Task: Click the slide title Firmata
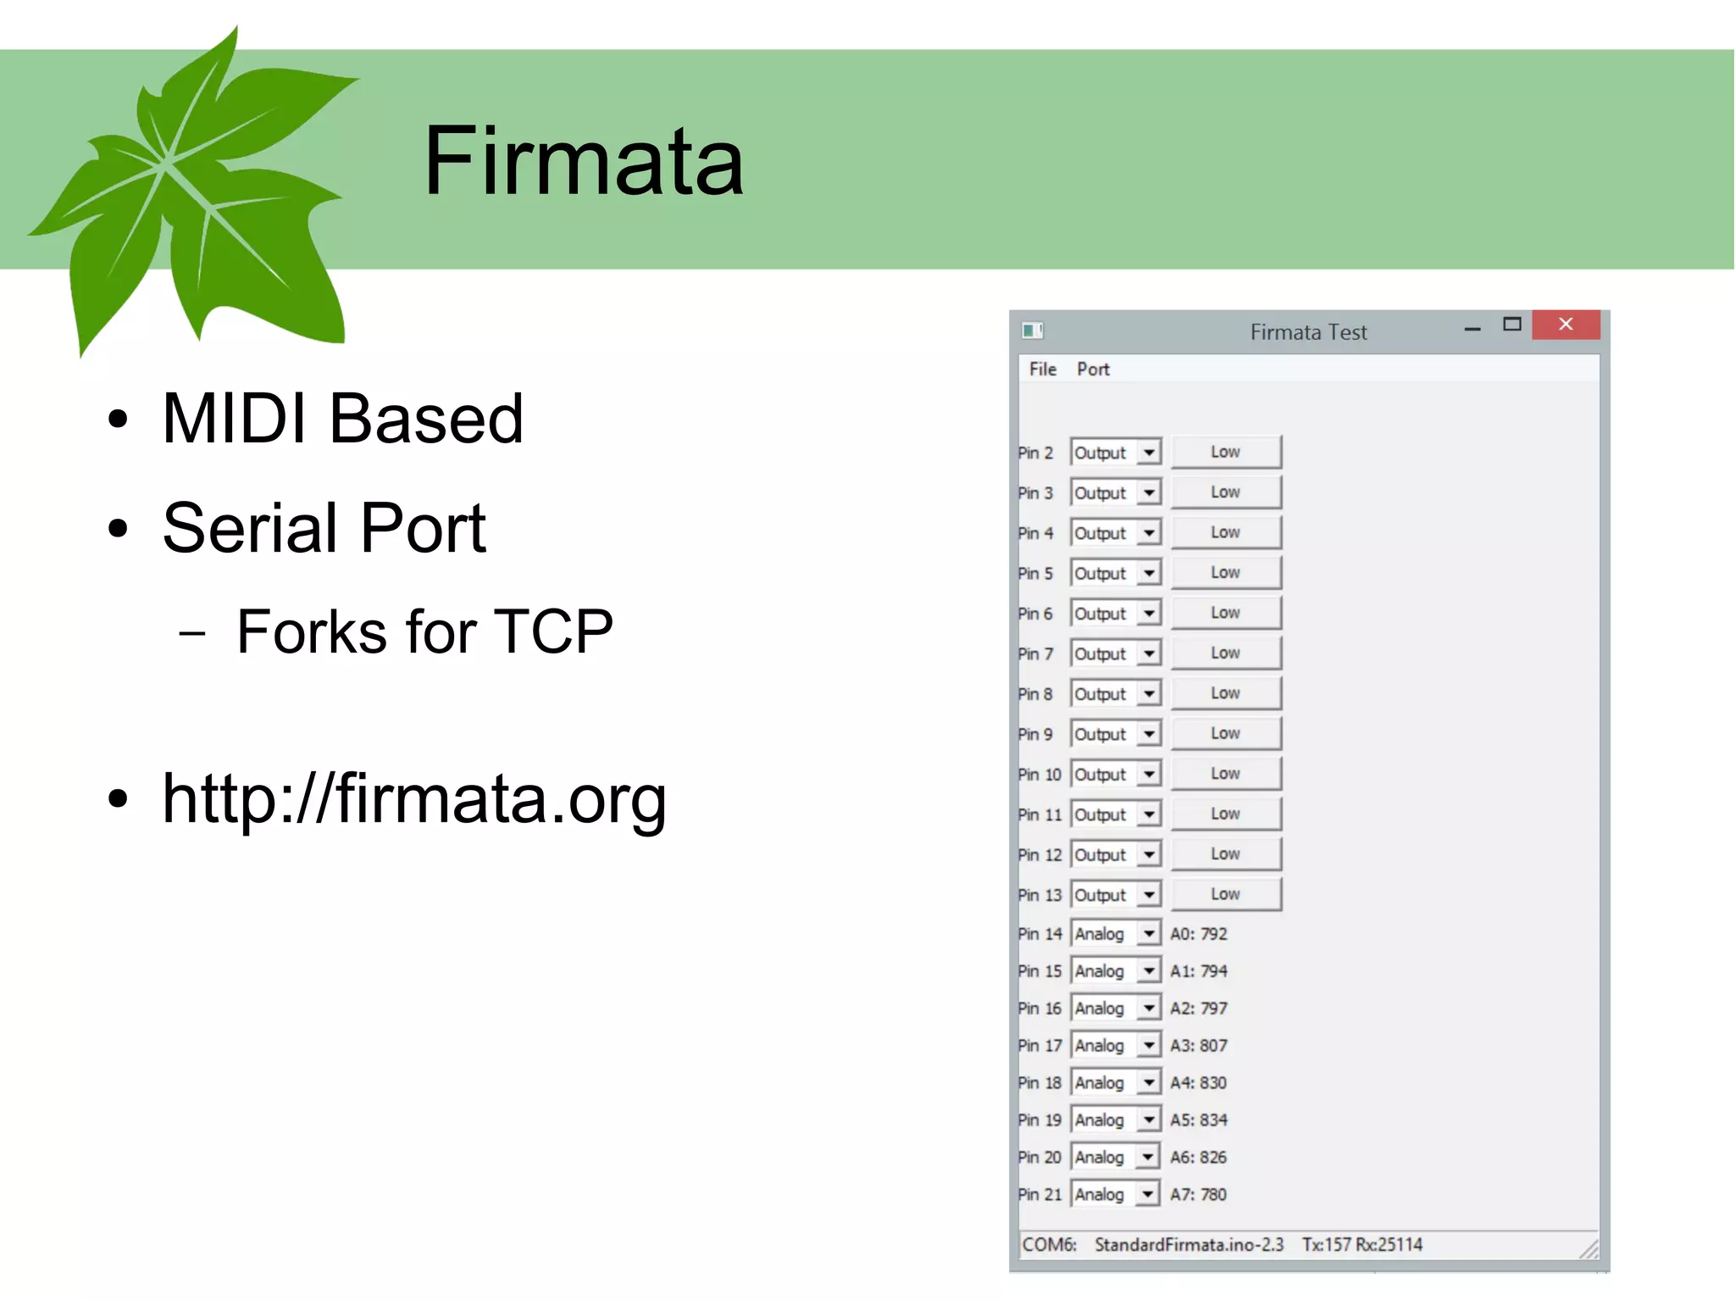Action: (583, 160)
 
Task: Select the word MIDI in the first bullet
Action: (233, 419)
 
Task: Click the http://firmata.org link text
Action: (413, 798)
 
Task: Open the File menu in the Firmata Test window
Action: (1042, 370)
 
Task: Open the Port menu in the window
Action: (1093, 370)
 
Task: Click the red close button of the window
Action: (1566, 325)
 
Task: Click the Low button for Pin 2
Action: (1225, 453)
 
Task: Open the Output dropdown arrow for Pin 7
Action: (1149, 653)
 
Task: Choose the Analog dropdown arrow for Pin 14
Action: (1149, 934)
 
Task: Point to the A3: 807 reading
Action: (1198, 1046)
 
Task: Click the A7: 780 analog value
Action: (1198, 1195)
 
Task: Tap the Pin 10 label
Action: (1039, 775)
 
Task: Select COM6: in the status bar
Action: (1049, 1245)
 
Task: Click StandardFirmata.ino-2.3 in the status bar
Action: (1189, 1245)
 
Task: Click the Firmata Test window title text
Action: (1308, 332)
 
